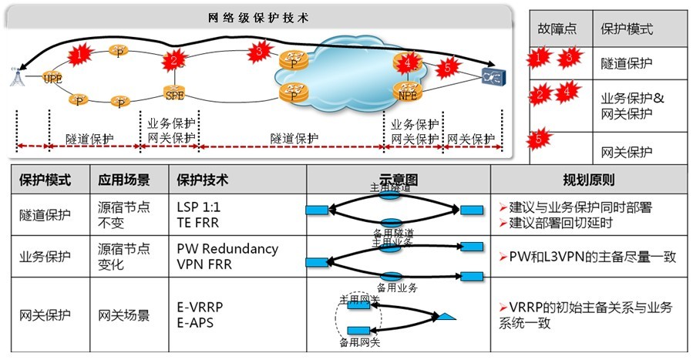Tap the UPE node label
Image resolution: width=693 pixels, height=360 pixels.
coord(52,79)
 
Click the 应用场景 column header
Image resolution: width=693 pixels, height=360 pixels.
coord(123,180)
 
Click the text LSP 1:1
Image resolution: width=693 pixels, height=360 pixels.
coord(199,209)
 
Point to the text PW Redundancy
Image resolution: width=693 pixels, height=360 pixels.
coord(227,249)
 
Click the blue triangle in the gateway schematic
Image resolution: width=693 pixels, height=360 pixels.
coord(448,316)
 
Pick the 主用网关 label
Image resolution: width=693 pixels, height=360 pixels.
coord(360,298)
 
